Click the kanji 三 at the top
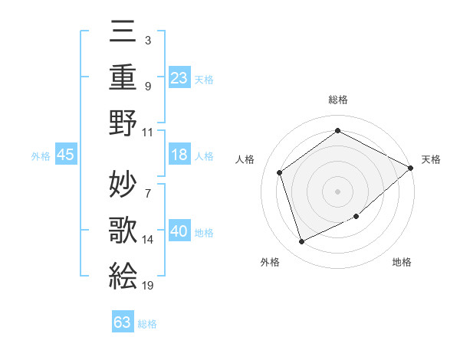(123, 31)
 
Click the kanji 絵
(123, 273)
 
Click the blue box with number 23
(179, 77)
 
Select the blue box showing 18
(179, 155)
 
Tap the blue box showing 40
(179, 232)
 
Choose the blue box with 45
(66, 155)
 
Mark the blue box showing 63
(123, 322)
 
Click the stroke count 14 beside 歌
(148, 240)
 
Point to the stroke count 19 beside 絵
(148, 285)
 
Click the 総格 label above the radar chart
(338, 100)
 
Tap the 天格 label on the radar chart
(431, 159)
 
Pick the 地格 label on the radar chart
(402, 263)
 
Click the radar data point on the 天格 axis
(411, 168)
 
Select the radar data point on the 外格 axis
(302, 242)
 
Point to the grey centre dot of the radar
(338, 191)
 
